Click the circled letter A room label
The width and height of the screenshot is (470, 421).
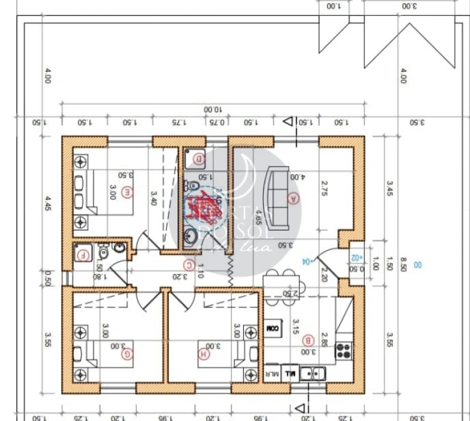(x=293, y=198)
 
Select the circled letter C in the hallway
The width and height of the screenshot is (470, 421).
(x=189, y=265)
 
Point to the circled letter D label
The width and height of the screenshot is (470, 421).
(x=199, y=158)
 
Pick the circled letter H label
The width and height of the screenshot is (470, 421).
(x=203, y=353)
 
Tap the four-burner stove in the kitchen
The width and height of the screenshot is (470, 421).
(x=343, y=351)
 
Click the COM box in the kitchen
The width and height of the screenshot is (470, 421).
(x=272, y=329)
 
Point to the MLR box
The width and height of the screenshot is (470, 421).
(x=271, y=372)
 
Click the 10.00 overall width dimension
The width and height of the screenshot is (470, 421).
(x=213, y=109)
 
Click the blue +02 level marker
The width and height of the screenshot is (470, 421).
(x=357, y=257)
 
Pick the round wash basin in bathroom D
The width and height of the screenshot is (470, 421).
(x=191, y=236)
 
